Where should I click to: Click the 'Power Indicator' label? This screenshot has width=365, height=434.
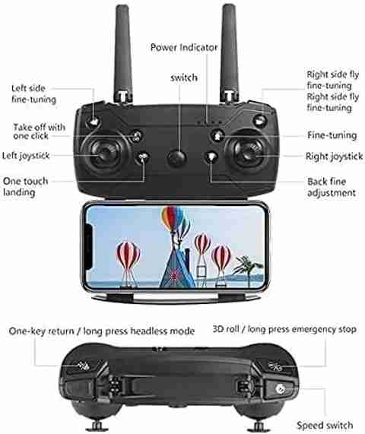pos(184,47)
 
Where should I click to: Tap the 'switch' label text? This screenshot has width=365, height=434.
pos(184,78)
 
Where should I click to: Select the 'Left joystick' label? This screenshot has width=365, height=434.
pos(26,156)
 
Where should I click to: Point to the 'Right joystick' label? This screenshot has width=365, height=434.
pos(334,157)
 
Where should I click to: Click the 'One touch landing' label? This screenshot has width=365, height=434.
pos(25,186)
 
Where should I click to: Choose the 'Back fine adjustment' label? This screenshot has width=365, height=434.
pos(332,187)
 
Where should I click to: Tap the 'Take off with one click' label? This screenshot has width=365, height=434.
pos(39,131)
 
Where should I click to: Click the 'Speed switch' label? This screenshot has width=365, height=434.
pos(325,425)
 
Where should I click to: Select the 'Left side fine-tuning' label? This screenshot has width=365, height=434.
pos(33,93)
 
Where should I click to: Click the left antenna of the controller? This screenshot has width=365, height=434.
pos(122,54)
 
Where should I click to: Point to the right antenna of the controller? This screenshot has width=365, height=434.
pos(230,53)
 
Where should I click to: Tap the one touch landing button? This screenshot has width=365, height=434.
pos(142,158)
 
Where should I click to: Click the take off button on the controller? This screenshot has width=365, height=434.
pos(136,135)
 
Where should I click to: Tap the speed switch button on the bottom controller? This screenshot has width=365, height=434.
pos(280,389)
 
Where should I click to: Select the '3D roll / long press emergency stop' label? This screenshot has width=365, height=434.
pos(284,329)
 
